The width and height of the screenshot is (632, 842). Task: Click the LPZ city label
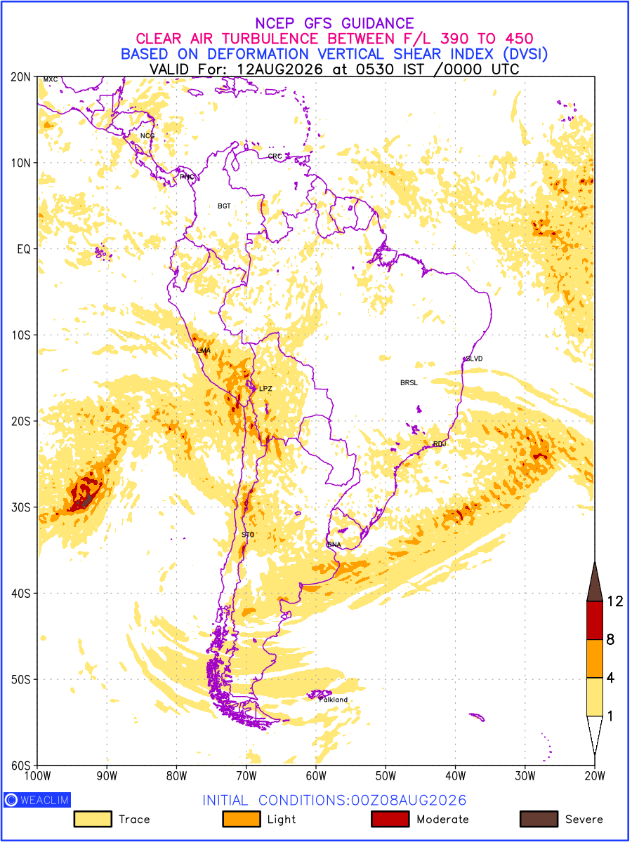[x=265, y=389]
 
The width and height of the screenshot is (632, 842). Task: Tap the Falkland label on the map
[x=334, y=700]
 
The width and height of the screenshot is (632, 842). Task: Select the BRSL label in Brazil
[x=409, y=382]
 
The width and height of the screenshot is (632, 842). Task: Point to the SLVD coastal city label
[x=474, y=359]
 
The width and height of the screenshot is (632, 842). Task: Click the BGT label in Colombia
[x=224, y=206]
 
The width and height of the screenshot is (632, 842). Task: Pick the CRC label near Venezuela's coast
[x=275, y=156]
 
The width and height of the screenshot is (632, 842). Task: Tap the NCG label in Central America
[x=147, y=136]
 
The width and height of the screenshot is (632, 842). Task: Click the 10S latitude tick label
[x=21, y=335]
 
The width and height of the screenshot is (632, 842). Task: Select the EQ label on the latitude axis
[x=23, y=249]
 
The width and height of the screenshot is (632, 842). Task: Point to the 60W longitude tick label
[x=316, y=776]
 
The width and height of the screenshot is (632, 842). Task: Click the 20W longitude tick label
[x=594, y=776]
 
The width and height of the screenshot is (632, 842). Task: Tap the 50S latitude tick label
[x=21, y=679]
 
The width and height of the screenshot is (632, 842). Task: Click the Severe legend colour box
[x=539, y=819]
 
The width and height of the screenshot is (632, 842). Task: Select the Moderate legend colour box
[x=390, y=819]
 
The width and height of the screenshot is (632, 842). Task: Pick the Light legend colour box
[x=242, y=819]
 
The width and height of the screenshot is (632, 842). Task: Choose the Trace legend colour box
[x=93, y=819]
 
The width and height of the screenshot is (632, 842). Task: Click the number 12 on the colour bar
[x=615, y=601]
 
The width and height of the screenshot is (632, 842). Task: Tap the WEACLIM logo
[x=37, y=800]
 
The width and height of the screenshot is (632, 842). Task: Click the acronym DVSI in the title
[x=525, y=54]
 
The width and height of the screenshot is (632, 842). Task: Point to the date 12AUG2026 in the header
[x=279, y=69]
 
